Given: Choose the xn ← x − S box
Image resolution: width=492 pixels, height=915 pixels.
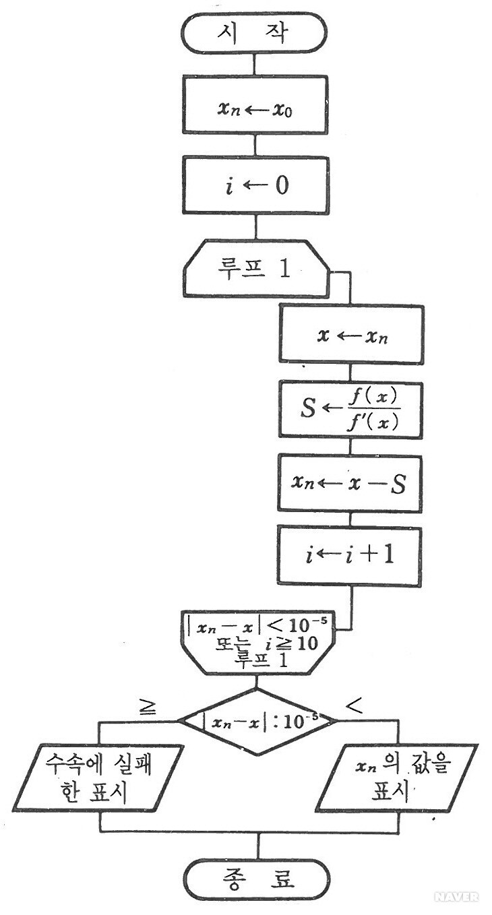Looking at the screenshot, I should pos(352,484).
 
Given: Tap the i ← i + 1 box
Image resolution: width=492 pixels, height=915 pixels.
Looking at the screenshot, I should pos(352,557).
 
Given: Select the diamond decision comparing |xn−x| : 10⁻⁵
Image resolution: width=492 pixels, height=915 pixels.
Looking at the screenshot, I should pos(257,722).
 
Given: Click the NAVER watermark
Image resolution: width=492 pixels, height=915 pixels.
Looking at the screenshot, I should pos(456,896).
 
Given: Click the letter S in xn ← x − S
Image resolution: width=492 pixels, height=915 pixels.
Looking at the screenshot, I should pos(398,484).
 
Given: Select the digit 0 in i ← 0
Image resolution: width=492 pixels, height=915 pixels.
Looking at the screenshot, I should pos(280,186).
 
